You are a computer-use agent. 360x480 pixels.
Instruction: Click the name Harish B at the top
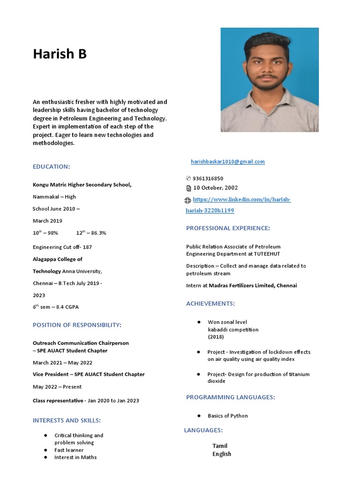click(x=60, y=54)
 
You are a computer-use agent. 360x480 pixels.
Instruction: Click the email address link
click(x=227, y=162)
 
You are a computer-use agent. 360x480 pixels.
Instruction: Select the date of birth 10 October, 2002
click(x=216, y=188)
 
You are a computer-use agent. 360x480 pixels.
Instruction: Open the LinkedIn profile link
click(x=241, y=200)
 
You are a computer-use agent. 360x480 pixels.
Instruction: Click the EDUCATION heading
click(x=51, y=167)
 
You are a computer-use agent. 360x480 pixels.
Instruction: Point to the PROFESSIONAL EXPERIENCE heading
click(x=228, y=228)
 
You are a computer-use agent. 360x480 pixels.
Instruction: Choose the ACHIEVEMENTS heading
click(x=210, y=304)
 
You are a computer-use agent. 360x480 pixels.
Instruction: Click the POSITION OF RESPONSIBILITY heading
click(x=77, y=325)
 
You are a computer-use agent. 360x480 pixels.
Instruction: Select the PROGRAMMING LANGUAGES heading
click(x=230, y=397)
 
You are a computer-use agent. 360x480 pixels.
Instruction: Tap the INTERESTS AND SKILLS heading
click(x=67, y=420)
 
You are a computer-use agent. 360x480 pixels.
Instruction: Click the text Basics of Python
click(x=228, y=416)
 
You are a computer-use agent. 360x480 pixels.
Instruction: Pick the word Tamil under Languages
click(x=220, y=446)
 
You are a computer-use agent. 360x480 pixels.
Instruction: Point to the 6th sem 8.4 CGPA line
click(x=56, y=307)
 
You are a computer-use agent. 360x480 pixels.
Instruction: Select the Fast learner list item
click(x=69, y=450)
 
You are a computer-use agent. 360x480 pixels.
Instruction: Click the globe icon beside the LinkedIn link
click(x=188, y=201)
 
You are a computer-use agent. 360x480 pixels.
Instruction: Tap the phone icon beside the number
click(x=188, y=179)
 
